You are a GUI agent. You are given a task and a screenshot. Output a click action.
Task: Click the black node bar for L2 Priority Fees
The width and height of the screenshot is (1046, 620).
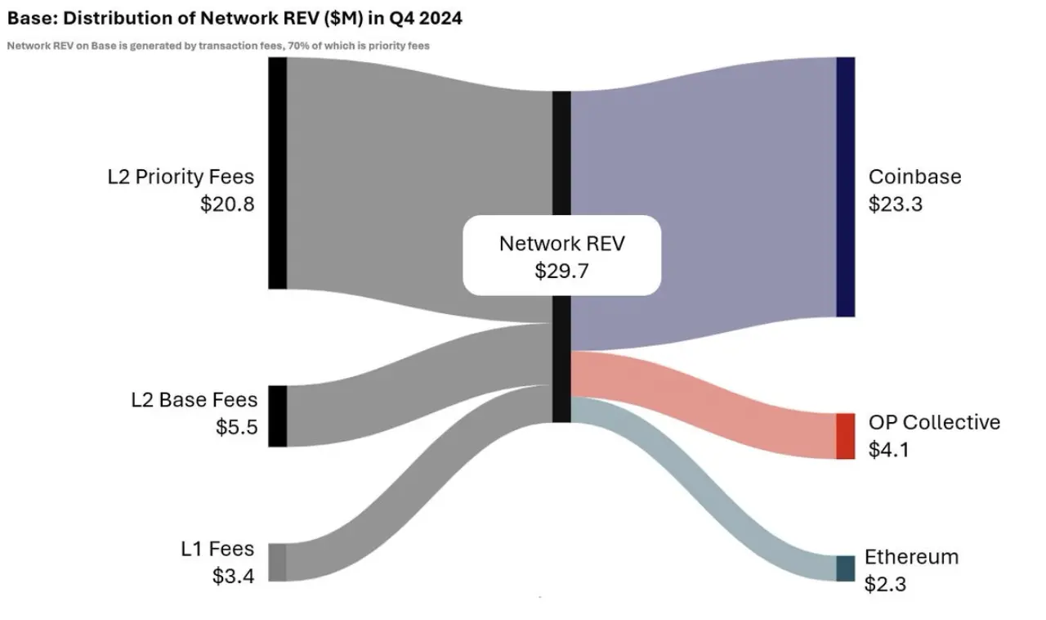[277, 173]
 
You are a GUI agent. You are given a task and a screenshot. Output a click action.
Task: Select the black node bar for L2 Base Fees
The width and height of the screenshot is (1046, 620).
[277, 416]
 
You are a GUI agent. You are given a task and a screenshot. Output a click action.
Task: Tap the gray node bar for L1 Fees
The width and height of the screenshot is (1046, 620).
[277, 563]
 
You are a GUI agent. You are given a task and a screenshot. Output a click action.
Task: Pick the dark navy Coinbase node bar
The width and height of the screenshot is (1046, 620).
[846, 187]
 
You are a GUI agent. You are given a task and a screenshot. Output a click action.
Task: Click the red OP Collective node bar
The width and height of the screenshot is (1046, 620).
[846, 436]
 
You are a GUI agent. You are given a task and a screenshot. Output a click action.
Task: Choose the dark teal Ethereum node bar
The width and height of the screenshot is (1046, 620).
[846, 568]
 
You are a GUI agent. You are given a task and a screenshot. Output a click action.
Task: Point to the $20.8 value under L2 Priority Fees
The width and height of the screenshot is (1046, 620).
[227, 204]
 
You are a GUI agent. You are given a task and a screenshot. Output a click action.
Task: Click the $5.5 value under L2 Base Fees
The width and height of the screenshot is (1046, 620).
[236, 427]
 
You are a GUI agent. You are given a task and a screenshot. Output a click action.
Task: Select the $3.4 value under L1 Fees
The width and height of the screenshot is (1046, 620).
[233, 576]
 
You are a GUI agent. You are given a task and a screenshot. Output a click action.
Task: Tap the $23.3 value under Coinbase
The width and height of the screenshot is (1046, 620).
[896, 204]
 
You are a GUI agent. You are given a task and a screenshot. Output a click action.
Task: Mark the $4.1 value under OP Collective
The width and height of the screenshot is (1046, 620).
[889, 450]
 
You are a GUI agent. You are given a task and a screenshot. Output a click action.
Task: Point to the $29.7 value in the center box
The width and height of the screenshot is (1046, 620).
[561, 272]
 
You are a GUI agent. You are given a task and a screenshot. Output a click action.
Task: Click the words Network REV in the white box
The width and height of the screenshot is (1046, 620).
[561, 244]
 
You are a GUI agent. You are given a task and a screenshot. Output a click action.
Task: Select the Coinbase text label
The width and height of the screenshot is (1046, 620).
[914, 177]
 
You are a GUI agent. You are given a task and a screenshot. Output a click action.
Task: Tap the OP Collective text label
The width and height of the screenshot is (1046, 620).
[934, 422]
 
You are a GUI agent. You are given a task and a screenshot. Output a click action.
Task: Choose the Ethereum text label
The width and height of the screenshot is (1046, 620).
[911, 557]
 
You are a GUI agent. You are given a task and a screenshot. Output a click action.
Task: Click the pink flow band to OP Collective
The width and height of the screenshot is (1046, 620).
[704, 404]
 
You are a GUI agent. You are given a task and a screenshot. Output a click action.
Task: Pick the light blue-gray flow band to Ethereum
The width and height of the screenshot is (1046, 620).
[704, 488]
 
